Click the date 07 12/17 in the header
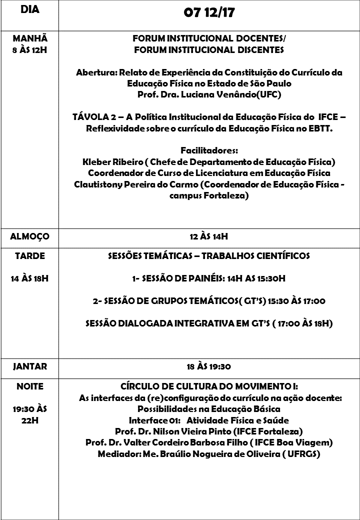[209, 13]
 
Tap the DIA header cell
[30, 10]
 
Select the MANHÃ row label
[30, 38]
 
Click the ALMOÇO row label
[30, 236]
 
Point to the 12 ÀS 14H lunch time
[209, 236]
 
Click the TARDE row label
[30, 255]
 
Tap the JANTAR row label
[30, 366]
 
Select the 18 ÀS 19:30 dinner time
[209, 366]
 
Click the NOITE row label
[30, 386]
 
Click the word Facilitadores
[209, 150]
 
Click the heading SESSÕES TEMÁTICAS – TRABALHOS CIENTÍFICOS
[209, 255]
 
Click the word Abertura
[96, 72]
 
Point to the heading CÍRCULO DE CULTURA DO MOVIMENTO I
[209, 386]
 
